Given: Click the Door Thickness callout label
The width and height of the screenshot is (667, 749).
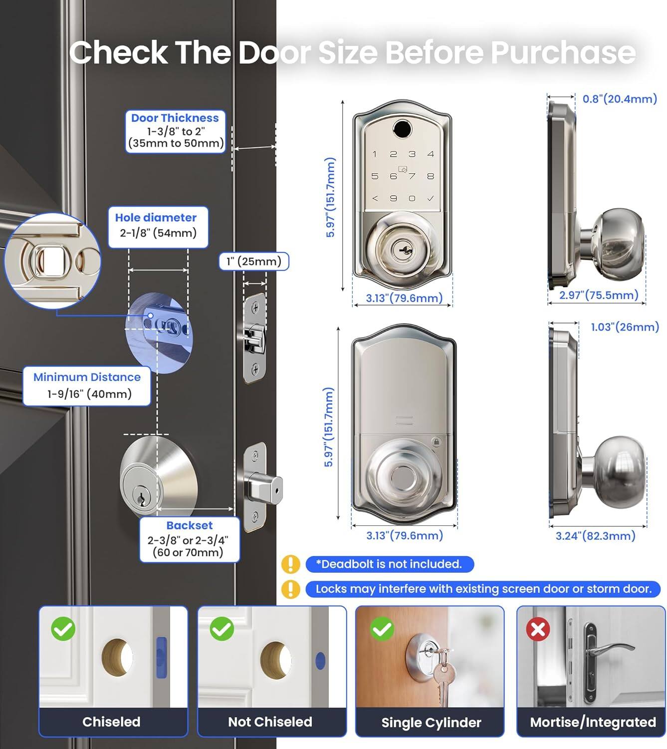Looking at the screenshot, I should point(175,131).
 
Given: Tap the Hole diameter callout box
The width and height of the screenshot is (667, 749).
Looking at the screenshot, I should point(158,227).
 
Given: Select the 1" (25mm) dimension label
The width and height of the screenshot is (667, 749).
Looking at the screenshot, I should point(253,261).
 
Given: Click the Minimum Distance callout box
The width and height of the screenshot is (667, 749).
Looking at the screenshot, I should point(87,385).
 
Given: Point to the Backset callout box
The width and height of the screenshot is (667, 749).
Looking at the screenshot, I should point(189,539).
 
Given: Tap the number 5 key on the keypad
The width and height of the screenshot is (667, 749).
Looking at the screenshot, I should point(375,176).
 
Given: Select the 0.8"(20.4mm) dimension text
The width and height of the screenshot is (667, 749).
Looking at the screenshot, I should point(620,99).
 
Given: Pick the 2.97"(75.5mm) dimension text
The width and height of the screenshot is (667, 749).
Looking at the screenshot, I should point(599,295).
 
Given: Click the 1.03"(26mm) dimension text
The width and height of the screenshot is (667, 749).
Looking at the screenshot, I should point(625,327).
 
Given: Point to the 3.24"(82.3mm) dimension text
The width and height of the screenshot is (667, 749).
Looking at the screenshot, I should point(595,536).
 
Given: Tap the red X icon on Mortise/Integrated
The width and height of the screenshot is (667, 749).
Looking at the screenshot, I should point(538,629).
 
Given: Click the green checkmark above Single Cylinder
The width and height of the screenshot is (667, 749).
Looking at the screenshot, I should point(382,629).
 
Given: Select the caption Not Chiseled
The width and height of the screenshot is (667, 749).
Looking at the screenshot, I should point(270,722).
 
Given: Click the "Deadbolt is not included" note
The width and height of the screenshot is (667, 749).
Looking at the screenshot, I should point(389,564).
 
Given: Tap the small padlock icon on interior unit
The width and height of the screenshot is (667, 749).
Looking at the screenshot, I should point(436,442).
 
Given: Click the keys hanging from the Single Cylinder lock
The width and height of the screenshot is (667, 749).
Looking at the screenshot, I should point(442,677).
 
